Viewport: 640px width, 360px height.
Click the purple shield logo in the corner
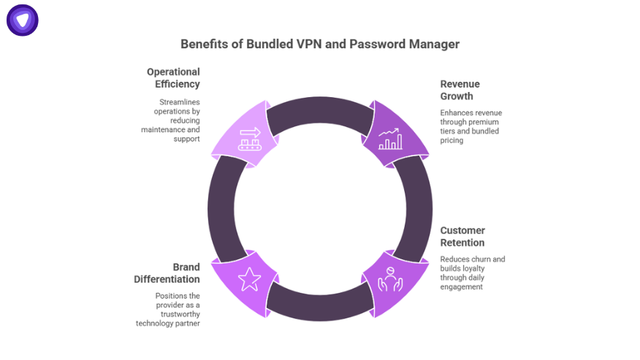click(23, 20)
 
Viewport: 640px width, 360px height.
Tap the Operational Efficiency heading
click(173, 78)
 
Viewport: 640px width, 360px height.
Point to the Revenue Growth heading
click(460, 90)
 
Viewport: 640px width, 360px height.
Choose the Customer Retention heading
click(462, 237)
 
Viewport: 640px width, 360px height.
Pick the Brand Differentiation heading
click(167, 273)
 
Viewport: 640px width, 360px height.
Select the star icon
click(249, 278)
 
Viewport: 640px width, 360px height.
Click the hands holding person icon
click(389, 278)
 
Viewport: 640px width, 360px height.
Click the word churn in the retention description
click(479, 259)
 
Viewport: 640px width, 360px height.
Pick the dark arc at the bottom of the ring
click(319, 307)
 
